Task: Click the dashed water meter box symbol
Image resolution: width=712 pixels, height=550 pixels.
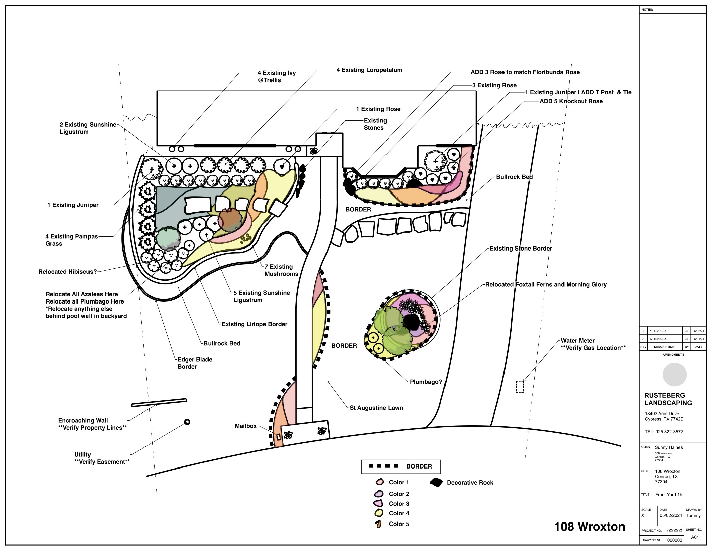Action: coord(520,386)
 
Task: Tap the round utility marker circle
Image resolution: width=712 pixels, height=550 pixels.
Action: coord(187,422)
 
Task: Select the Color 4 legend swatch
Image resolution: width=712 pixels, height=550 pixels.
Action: coord(379,513)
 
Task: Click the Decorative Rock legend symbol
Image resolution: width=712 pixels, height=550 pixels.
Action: coord(436,483)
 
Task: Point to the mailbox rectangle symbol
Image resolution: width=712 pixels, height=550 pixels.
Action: coord(278,437)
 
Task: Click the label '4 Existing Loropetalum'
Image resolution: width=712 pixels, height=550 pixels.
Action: coord(369,70)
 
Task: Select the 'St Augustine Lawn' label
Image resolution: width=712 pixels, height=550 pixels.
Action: coord(376,408)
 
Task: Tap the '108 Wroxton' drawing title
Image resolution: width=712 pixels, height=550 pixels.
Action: coord(590,527)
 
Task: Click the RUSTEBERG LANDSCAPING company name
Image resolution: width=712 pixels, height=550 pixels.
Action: coord(668,399)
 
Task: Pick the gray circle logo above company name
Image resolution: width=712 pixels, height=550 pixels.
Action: coord(674,375)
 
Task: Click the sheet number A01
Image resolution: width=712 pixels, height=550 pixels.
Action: coord(695,537)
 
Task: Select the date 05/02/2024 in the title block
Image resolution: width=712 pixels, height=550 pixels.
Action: coord(671,515)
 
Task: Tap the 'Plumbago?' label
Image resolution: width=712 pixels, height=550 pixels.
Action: coord(426,382)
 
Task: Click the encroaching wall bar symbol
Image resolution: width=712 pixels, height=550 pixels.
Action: coord(159,402)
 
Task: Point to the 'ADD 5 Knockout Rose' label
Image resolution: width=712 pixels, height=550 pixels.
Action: coord(571,101)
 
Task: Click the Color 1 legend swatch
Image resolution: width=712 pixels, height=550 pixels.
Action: coord(380,482)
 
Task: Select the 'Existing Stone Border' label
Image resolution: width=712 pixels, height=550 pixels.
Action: coord(521,249)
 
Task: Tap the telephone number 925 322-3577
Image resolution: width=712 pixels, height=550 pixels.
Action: coord(664,432)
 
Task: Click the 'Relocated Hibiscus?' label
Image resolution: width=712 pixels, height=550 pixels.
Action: coord(67,272)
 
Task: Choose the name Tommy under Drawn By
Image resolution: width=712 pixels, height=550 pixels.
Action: coord(693,515)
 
